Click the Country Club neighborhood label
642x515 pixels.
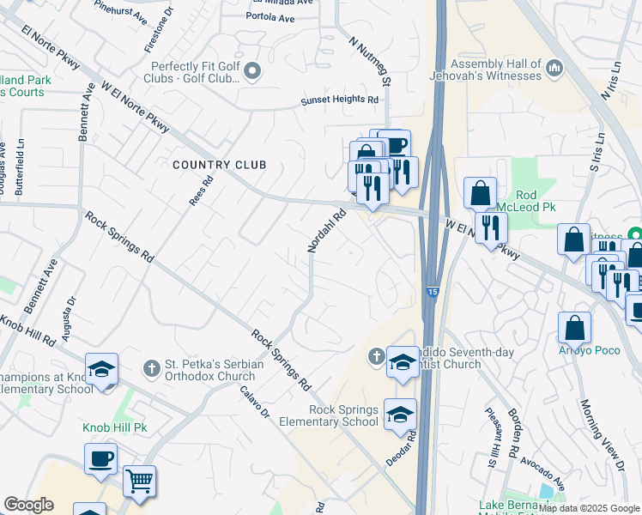point(219,164)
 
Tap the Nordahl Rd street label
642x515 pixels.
point(326,230)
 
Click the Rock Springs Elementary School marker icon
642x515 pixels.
point(399,415)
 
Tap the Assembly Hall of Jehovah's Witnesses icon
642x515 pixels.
point(554,66)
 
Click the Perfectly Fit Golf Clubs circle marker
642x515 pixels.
point(252,71)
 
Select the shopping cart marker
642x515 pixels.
point(139,481)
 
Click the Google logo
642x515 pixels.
point(29,505)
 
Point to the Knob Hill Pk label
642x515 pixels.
point(115,427)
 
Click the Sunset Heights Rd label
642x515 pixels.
point(339,100)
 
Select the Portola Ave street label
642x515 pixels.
point(270,18)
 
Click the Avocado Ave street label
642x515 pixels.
point(542,466)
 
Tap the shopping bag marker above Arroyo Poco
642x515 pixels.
point(574,328)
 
